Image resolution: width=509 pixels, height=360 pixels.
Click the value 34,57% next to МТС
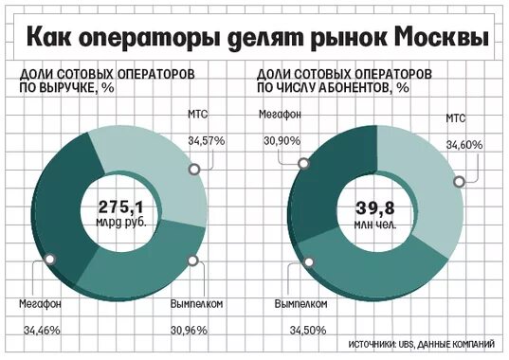[207, 140]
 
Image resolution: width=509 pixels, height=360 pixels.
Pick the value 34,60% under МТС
[464, 145]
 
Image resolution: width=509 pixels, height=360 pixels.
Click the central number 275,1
[119, 206]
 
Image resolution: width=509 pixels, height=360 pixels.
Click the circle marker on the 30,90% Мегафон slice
[303, 163]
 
